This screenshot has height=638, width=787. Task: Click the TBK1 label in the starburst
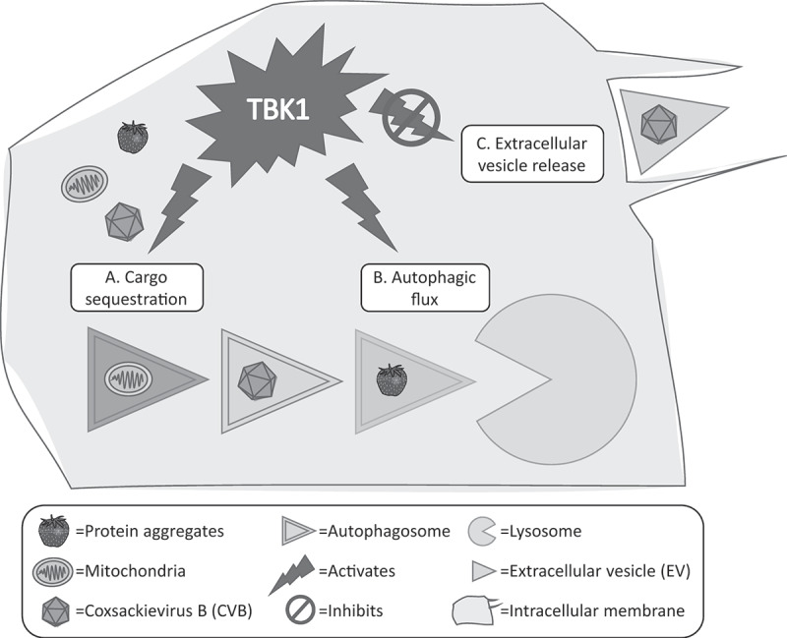point(277,109)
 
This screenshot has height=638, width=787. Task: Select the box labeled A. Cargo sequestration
point(137,288)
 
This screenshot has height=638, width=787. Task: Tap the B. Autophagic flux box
point(425,288)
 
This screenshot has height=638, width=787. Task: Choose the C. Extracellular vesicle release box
point(532,154)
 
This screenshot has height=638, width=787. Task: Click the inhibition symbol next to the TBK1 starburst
point(411,118)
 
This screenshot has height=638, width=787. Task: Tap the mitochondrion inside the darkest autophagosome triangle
point(128,378)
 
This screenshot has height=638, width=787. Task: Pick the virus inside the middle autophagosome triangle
point(257,380)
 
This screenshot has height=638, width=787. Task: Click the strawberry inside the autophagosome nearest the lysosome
point(392,380)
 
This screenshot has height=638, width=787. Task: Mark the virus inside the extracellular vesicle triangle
point(659,124)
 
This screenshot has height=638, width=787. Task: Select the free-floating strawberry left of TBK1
point(133,137)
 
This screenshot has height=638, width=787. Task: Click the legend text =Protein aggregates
point(150,531)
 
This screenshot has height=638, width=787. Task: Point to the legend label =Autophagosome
point(385,531)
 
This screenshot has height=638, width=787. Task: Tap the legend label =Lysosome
point(541,531)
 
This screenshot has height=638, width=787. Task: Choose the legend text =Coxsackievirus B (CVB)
point(163,610)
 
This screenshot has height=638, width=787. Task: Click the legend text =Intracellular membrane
point(592,610)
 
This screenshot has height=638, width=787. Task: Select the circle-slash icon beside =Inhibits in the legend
point(300,610)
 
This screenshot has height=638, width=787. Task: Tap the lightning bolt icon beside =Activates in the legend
point(293,574)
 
